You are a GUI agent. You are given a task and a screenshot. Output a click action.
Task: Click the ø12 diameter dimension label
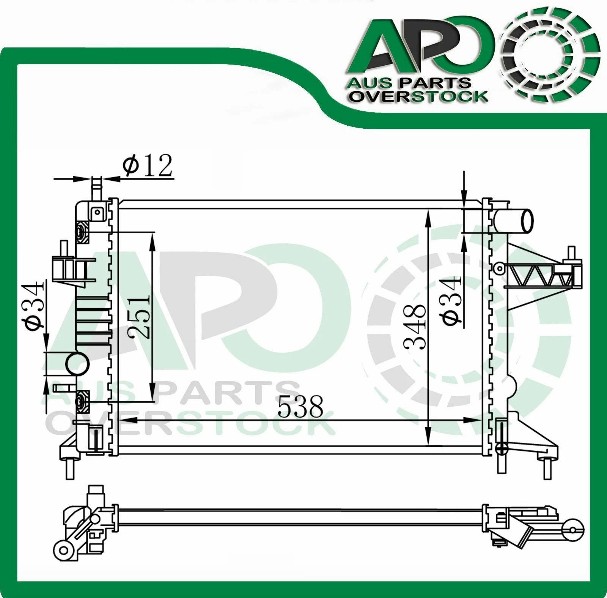point(147,166)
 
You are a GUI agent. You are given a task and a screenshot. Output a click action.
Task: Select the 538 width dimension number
point(300,406)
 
